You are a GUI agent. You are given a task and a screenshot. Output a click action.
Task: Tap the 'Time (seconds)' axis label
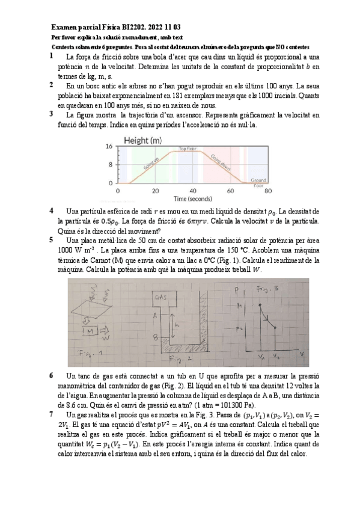(193, 198)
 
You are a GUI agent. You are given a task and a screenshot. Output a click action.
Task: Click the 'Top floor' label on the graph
(188, 148)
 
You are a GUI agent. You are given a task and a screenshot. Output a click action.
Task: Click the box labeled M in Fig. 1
(90, 331)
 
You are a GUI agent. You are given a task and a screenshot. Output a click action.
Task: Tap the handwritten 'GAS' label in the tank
(161, 297)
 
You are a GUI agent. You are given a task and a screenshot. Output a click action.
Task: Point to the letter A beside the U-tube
(156, 315)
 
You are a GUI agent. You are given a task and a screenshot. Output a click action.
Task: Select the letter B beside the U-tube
(156, 338)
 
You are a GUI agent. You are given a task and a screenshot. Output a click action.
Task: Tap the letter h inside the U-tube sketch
(178, 326)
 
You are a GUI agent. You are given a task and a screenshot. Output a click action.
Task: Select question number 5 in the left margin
(52, 239)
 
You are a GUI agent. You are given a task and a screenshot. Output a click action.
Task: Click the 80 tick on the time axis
(268, 191)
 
